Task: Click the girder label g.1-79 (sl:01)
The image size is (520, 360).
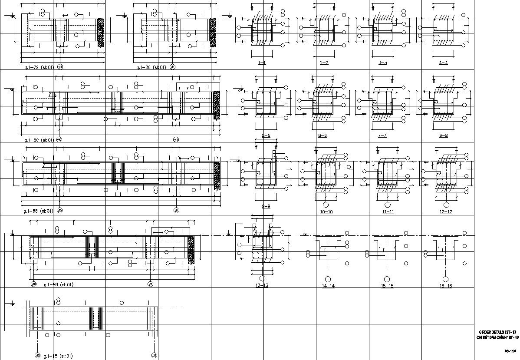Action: click(38, 67)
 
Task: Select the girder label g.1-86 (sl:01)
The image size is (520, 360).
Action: click(150, 67)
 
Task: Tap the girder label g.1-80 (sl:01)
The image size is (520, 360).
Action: click(38, 140)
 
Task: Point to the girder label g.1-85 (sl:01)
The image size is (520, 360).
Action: click(38, 211)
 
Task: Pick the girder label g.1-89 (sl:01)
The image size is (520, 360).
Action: click(59, 284)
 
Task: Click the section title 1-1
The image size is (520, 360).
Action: click(262, 63)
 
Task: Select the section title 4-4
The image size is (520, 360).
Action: click(443, 63)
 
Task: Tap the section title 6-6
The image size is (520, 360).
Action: click(323, 136)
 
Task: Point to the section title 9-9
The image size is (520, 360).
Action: click(266, 206)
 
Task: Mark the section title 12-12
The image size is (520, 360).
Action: click(446, 212)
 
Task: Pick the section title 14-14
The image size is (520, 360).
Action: click(328, 286)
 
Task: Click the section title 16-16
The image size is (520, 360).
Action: click(446, 286)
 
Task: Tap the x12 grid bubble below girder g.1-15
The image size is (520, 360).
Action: click(37, 355)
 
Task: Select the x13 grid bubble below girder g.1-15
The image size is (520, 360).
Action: click(154, 355)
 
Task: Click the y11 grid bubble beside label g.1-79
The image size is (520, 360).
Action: click(60, 67)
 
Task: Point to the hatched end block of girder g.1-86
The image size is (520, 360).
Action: click(213, 33)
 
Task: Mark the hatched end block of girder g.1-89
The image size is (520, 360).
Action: click(191, 249)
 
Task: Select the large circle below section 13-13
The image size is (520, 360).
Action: click(262, 278)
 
